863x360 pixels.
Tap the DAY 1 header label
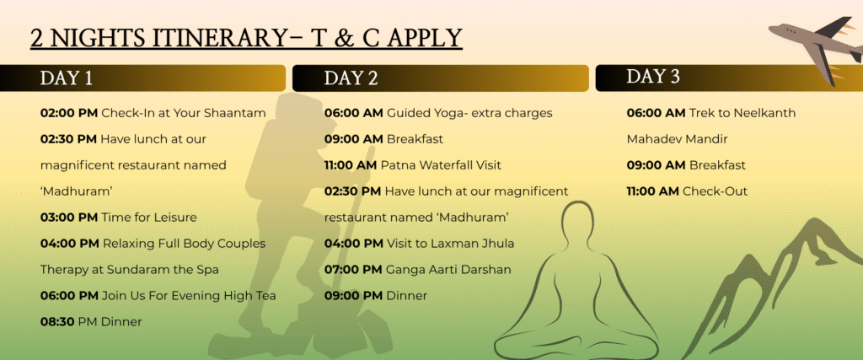(67, 78)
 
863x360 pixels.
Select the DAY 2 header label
(351, 78)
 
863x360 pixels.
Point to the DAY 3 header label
(653, 77)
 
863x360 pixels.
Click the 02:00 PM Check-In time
(69, 113)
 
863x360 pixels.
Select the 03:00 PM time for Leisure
(69, 218)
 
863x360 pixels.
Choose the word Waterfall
(448, 165)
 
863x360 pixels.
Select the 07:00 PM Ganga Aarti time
(353, 270)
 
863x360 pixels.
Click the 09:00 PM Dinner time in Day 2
(353, 296)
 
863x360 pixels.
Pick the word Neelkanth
(763, 113)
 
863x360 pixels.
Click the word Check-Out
(715, 191)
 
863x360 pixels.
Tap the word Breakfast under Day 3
(717, 165)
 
